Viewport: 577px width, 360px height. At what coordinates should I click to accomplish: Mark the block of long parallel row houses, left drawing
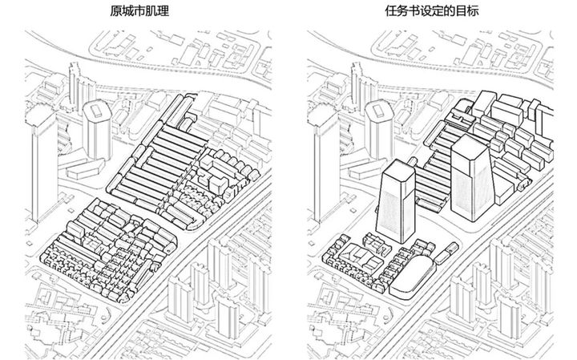[156, 156]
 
